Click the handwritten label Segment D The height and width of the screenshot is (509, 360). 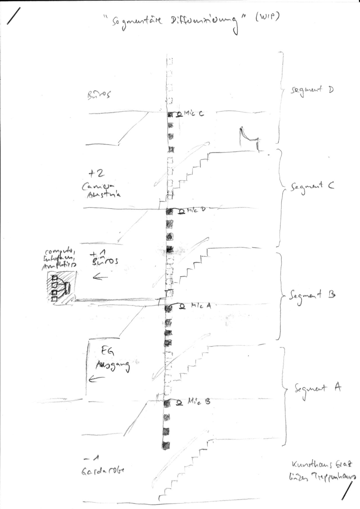tap(312, 90)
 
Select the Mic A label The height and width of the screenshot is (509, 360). tap(200, 306)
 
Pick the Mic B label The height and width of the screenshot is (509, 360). tap(199, 402)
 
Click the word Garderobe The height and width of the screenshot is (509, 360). tap(103, 471)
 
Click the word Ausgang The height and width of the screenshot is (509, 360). tap(113, 365)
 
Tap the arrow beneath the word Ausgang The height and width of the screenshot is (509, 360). tap(96, 378)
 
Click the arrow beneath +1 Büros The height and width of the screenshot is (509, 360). tap(100, 277)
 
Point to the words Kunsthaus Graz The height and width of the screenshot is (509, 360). tap(322, 465)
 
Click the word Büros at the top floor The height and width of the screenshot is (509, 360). tap(99, 95)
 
